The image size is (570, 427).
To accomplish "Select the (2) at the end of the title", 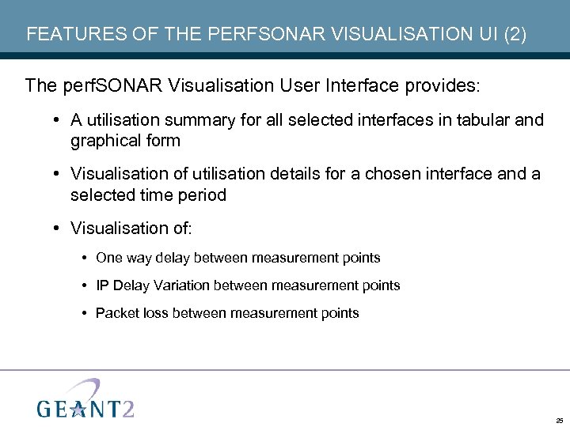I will coord(512,35).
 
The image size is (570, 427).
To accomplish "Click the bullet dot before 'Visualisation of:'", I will coord(59,229).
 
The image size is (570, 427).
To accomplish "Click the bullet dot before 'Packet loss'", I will coord(85,313).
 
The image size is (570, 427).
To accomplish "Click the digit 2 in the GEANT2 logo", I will coord(127,406).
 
